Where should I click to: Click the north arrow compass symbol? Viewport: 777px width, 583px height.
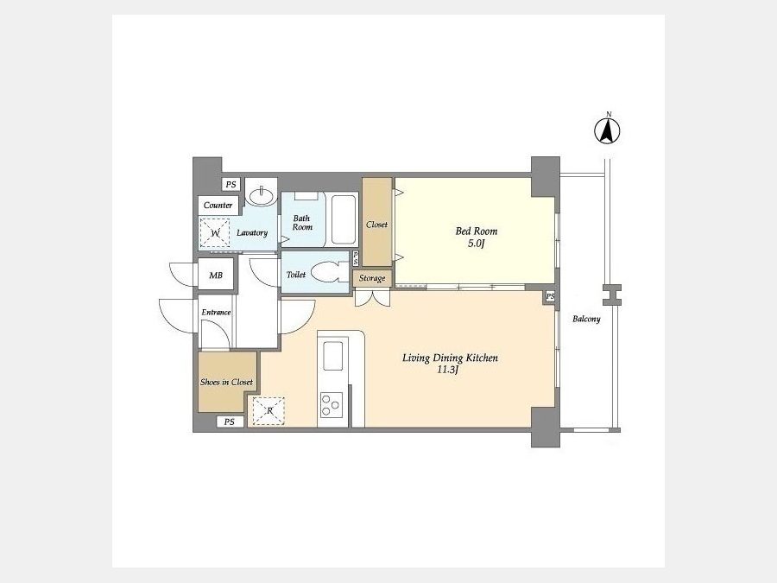(607, 130)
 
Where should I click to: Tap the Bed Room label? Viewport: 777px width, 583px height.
(477, 231)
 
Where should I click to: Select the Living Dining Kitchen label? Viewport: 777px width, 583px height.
(450, 358)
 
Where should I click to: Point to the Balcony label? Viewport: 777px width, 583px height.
(586, 320)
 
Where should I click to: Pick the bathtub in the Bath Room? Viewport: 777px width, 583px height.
(344, 219)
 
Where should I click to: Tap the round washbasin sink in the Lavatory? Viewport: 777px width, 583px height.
(262, 196)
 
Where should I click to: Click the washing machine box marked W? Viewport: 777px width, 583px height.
(215, 233)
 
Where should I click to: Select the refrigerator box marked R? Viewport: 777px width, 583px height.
(268, 411)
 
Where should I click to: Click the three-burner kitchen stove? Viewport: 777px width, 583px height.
(331, 404)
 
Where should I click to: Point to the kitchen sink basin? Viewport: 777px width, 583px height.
(333, 356)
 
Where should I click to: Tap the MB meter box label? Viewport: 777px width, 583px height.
(216, 276)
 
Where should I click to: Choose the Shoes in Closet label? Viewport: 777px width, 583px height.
(226, 383)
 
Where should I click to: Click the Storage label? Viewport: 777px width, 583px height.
(372, 279)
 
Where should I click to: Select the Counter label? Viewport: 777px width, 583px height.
(218, 206)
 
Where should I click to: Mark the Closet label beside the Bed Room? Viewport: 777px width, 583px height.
(376, 225)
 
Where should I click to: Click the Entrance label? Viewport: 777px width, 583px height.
(216, 313)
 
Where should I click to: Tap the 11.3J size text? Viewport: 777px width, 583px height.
(447, 370)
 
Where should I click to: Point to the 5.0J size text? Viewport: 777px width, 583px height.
(476, 244)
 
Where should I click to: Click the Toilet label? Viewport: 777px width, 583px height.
(296, 275)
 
